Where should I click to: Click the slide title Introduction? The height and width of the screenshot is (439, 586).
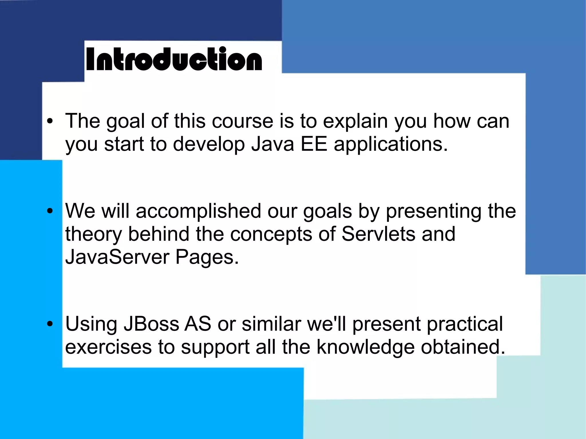174,59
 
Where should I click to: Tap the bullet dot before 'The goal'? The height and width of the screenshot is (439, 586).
50,121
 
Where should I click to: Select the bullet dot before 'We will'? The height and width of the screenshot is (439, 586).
50,211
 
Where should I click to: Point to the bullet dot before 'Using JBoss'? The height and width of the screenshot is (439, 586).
50,324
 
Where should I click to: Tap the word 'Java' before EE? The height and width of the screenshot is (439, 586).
273,144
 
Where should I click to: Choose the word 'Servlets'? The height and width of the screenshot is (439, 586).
379,234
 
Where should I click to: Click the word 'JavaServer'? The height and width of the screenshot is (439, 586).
117,257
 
